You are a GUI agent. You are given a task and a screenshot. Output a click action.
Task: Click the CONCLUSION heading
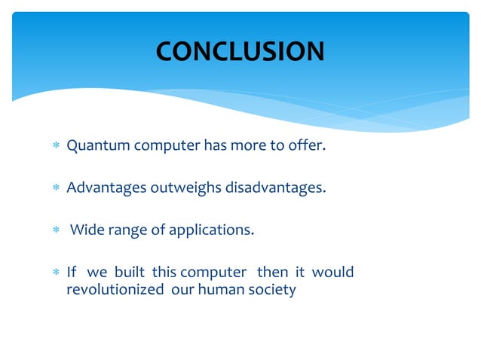pyautogui.click(x=240, y=51)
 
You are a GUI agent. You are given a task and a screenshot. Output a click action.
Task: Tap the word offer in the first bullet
pyautogui.click(x=309, y=145)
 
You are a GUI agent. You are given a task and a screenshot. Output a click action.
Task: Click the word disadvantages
pyautogui.click(x=276, y=188)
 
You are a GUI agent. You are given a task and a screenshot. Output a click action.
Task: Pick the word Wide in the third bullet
pyautogui.click(x=86, y=230)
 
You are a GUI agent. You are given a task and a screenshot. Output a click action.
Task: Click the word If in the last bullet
pyautogui.click(x=72, y=271)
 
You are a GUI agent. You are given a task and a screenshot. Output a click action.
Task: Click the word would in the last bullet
pyautogui.click(x=332, y=271)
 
